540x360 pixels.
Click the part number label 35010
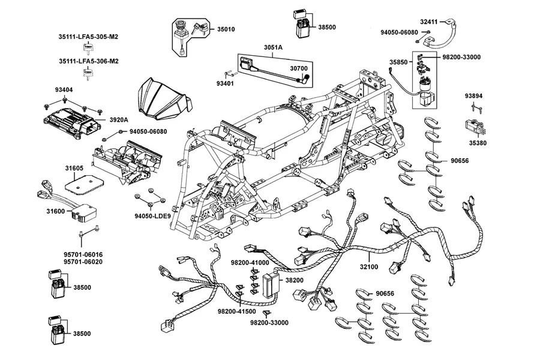226,29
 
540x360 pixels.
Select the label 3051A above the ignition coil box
273,47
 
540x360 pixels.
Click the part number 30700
299,68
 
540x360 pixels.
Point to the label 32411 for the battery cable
429,22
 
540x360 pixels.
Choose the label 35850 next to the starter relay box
398,62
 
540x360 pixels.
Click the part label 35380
478,143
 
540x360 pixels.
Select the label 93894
473,96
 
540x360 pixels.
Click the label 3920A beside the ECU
119,120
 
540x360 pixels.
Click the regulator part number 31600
55,211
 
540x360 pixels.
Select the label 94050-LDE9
152,217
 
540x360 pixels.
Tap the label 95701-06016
83,254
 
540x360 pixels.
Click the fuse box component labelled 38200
271,286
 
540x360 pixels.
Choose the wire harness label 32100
369,266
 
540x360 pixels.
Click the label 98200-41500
236,311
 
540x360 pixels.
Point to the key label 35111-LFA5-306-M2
89,61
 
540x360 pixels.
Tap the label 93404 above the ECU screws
64,90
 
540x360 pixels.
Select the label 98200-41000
250,263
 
